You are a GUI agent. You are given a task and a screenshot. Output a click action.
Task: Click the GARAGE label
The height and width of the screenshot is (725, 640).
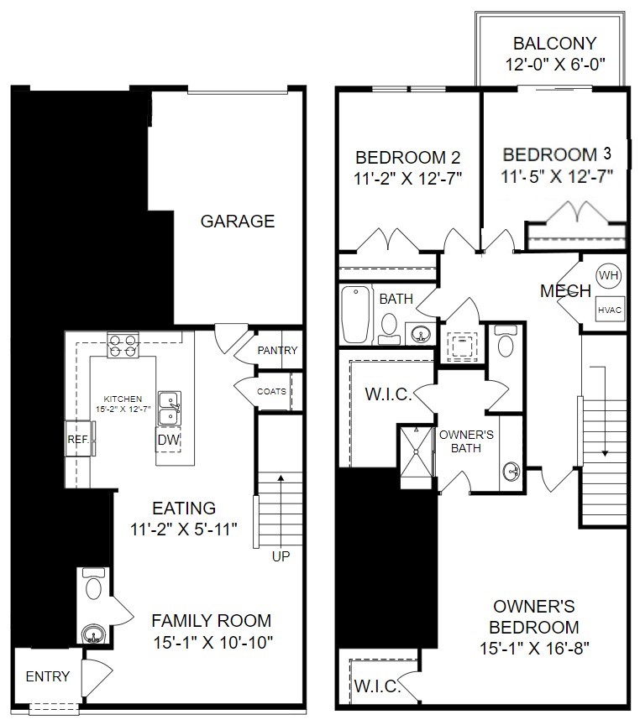point(238,221)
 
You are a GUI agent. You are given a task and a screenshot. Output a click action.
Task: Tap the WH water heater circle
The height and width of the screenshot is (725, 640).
point(609,275)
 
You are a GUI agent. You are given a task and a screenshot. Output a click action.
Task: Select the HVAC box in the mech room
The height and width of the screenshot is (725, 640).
point(610,310)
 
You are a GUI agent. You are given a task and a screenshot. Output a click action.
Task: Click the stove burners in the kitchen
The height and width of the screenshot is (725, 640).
point(123,346)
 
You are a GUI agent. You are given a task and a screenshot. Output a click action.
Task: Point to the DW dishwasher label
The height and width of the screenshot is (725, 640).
point(168,440)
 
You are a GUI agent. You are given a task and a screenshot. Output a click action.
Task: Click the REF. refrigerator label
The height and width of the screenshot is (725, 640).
point(78,439)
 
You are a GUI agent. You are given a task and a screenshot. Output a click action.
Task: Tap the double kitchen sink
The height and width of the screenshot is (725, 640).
point(170,409)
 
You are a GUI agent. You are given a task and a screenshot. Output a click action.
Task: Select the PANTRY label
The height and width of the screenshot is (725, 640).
point(277,350)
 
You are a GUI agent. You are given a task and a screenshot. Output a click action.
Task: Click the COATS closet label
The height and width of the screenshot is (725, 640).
point(271,391)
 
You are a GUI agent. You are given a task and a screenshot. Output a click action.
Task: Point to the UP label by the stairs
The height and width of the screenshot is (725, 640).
point(281,556)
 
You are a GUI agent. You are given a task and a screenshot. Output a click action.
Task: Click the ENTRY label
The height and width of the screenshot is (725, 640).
point(47,676)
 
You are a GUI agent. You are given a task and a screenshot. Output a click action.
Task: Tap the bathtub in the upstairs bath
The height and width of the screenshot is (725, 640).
point(356,315)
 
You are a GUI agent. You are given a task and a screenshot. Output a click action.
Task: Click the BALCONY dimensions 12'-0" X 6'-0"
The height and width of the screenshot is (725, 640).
point(555,64)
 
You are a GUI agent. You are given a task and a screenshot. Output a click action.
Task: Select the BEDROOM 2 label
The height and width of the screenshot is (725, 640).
point(407,158)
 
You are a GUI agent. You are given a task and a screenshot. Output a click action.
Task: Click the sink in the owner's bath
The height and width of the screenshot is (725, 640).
point(511,472)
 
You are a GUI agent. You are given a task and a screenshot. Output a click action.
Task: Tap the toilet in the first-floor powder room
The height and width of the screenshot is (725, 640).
point(93,584)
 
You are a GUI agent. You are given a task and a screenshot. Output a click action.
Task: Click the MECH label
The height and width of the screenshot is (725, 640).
point(565,291)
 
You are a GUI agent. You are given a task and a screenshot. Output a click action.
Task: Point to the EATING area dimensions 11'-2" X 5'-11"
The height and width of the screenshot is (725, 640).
point(184,529)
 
